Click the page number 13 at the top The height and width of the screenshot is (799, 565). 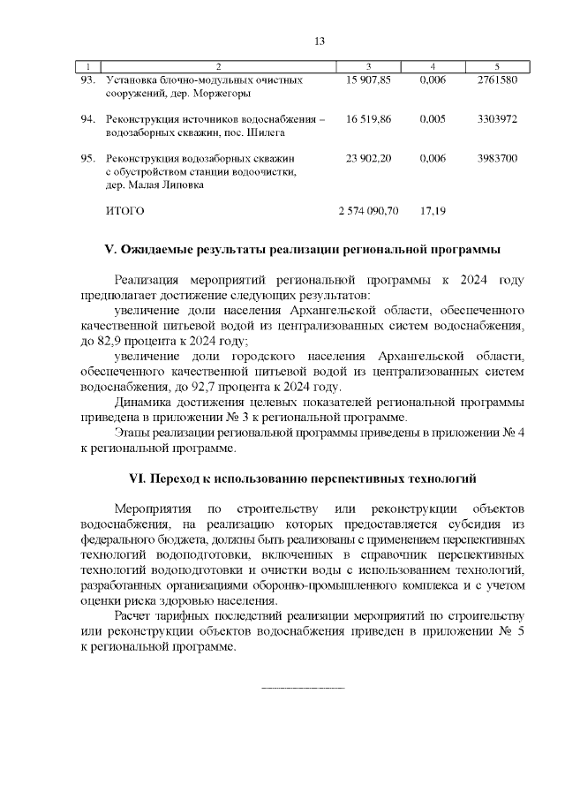320,41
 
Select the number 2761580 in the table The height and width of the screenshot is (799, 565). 496,79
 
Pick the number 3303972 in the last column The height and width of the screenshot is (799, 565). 496,118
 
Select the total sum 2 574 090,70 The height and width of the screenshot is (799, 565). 369,212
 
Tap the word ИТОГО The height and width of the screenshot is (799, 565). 124,212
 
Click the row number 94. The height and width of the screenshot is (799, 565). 87,118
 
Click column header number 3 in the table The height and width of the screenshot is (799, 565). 368,67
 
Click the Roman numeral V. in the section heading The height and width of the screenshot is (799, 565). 110,250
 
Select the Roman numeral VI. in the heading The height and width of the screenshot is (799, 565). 137,479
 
